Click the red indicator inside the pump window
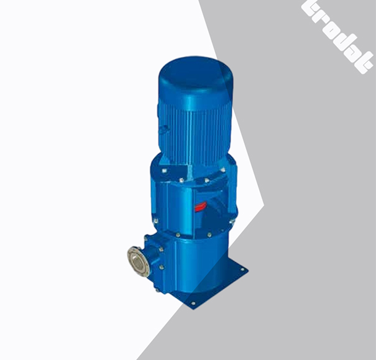201,207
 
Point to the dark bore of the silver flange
136,261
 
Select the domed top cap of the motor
193,75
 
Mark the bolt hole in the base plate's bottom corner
192,304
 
